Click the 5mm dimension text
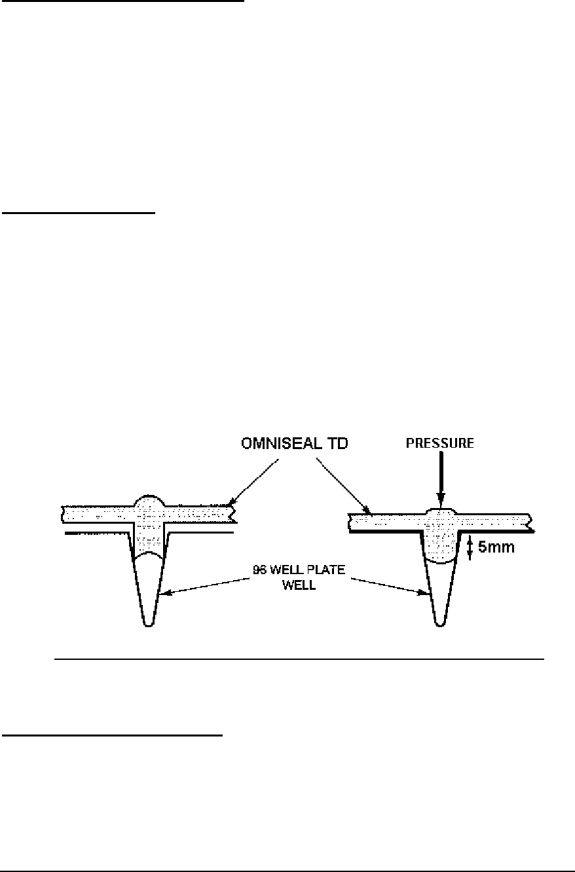pyautogui.click(x=496, y=547)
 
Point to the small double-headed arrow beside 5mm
pyautogui.click(x=469, y=548)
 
